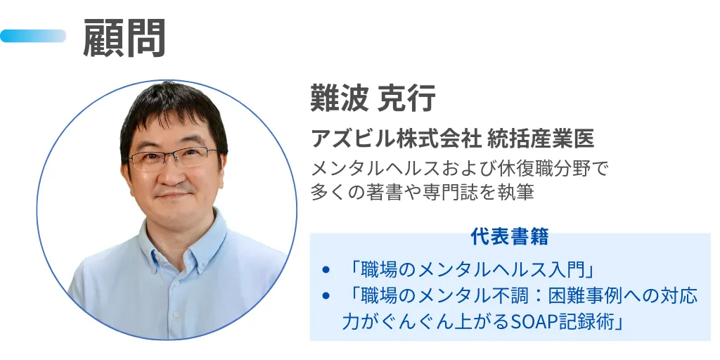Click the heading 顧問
124,37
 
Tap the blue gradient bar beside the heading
33,36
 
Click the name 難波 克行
373,99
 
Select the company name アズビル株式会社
396,139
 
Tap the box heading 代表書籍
509,237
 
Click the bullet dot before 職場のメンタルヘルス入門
326,270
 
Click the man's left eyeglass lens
193,157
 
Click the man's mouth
173,195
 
